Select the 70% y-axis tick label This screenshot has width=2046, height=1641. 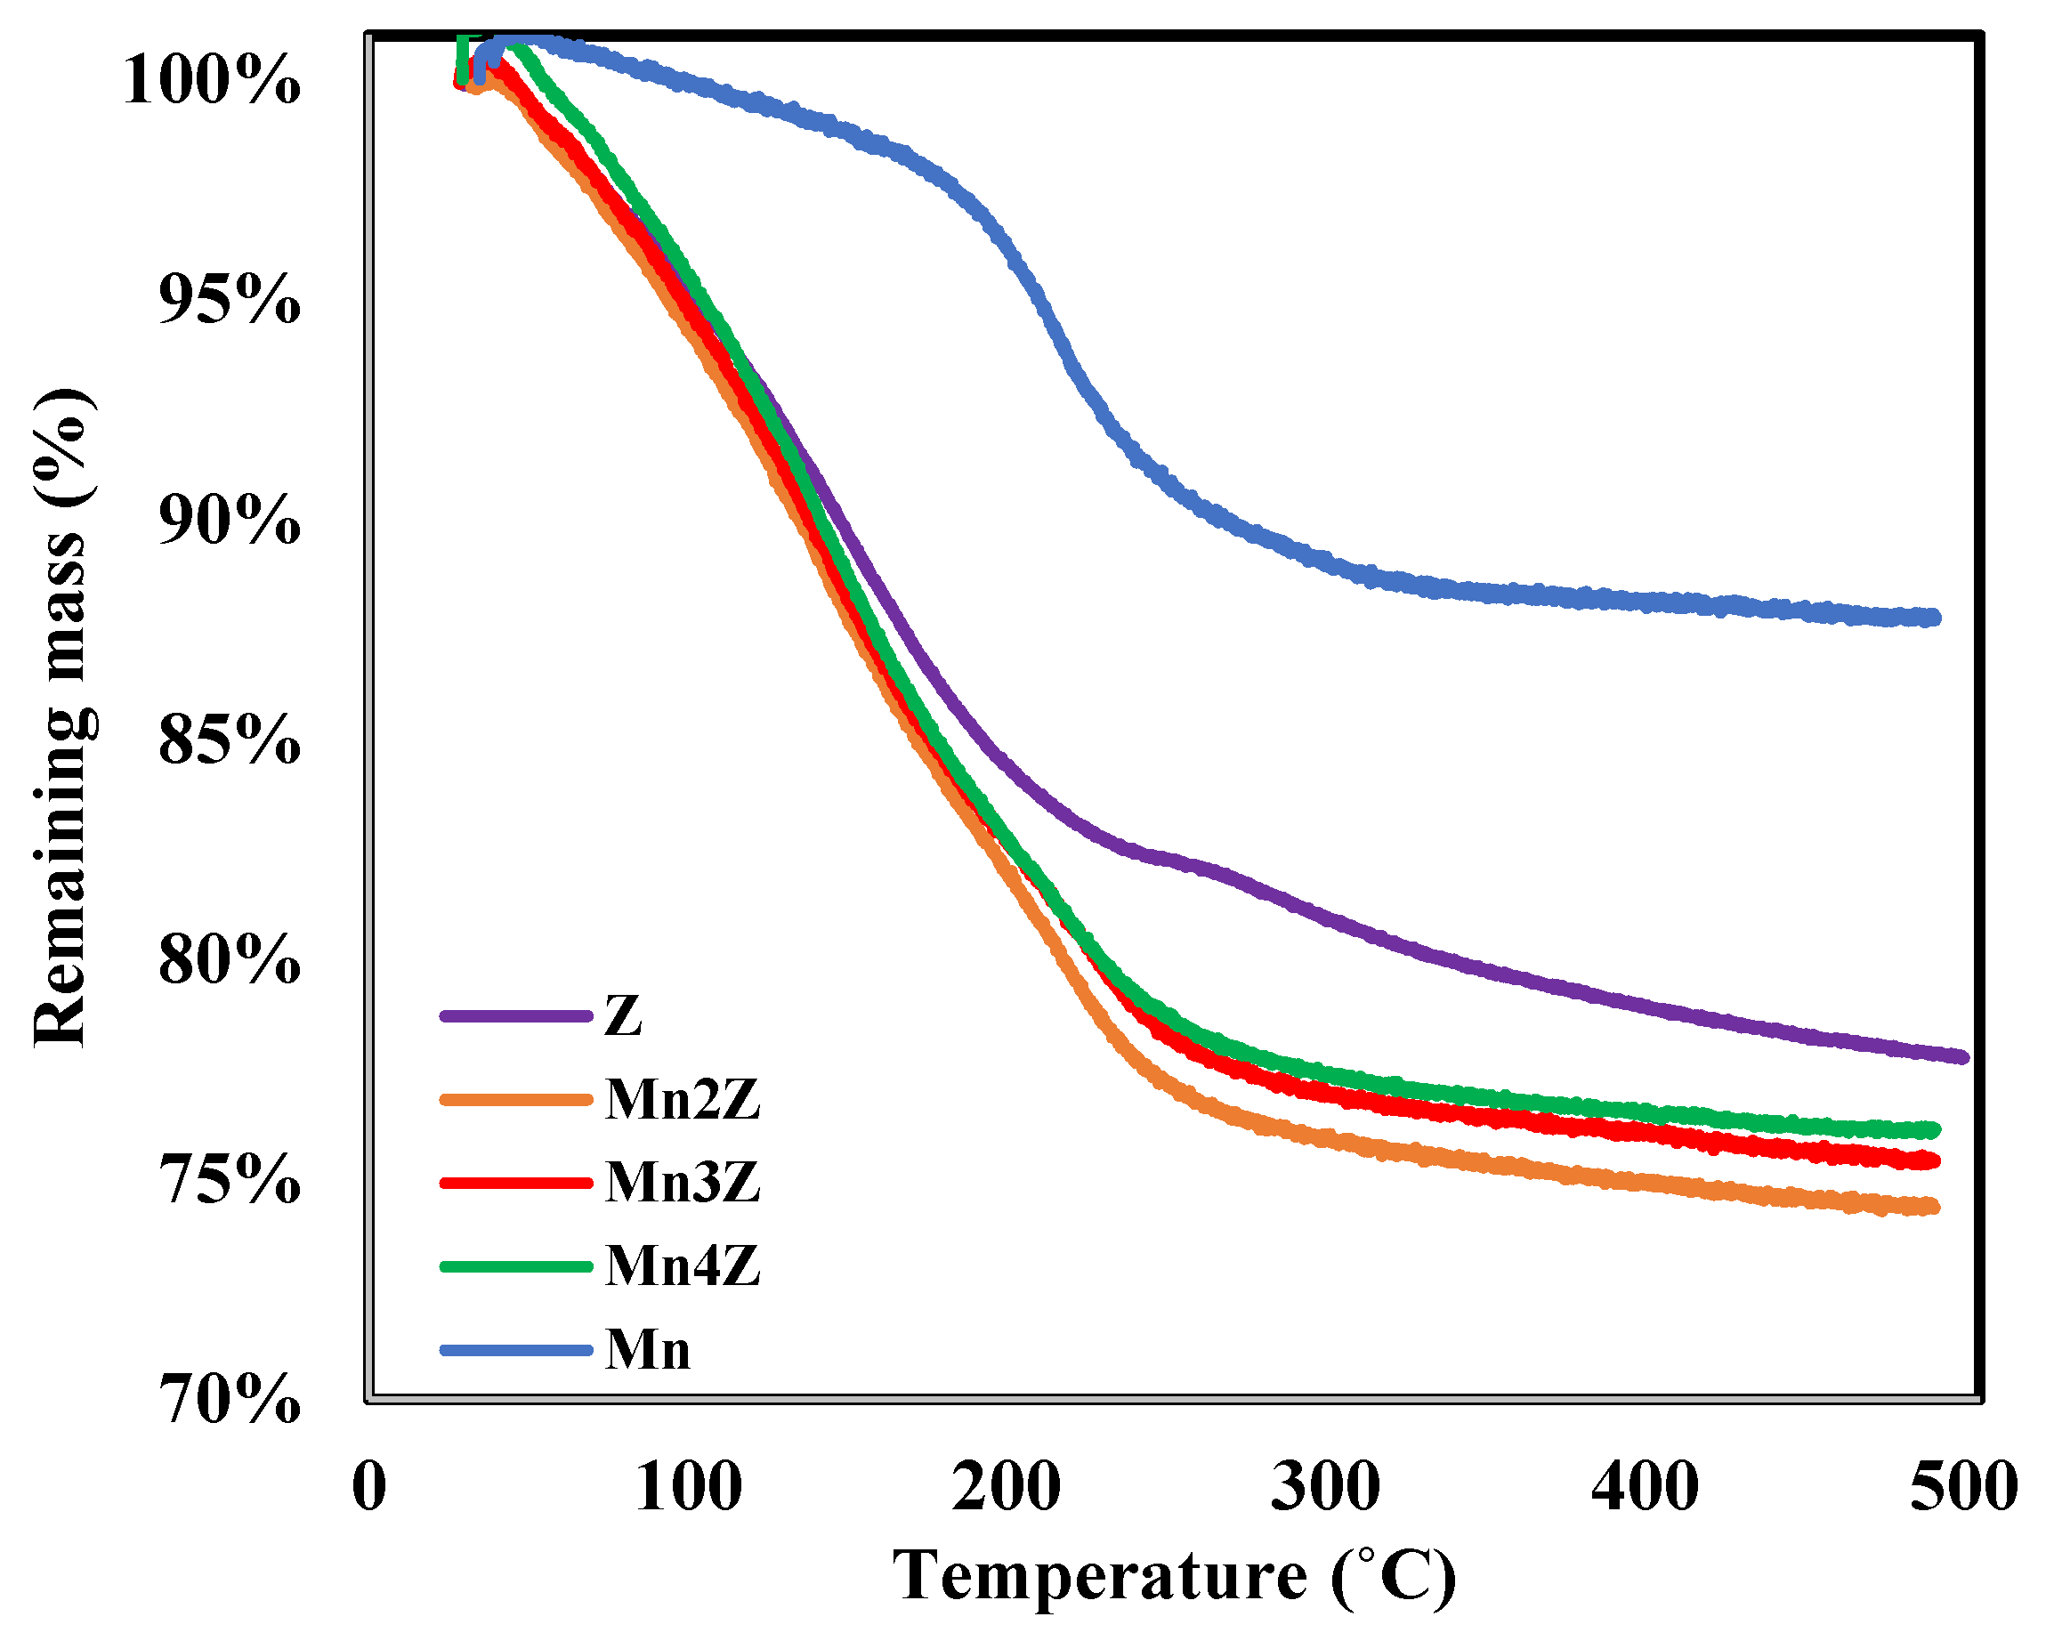click(x=229, y=1399)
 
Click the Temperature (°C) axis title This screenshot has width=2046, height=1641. click(x=1174, y=1575)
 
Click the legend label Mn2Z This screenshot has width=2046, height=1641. click(x=683, y=1100)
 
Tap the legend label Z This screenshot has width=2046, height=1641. click(x=624, y=1016)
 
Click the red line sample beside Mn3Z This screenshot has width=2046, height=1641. click(x=516, y=1183)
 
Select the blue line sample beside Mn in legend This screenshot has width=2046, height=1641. click(x=516, y=1350)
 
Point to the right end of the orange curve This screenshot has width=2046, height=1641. click(x=1933, y=1208)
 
